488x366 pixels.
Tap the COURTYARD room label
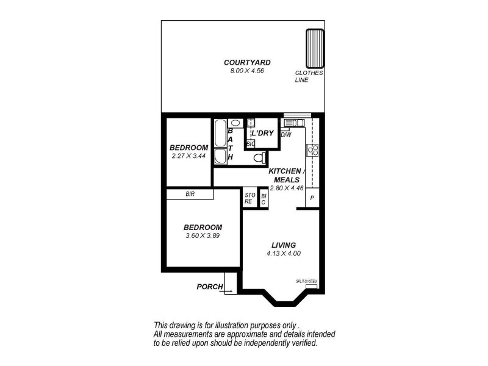pos(247,62)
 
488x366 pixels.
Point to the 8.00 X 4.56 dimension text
pos(247,71)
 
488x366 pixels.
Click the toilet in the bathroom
pos(259,158)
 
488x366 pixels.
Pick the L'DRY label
pos(262,133)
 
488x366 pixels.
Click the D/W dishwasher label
pos(285,135)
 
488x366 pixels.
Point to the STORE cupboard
pos(249,198)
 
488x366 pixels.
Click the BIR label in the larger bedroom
pos(190,194)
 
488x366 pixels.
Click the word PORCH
pos(209,287)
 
